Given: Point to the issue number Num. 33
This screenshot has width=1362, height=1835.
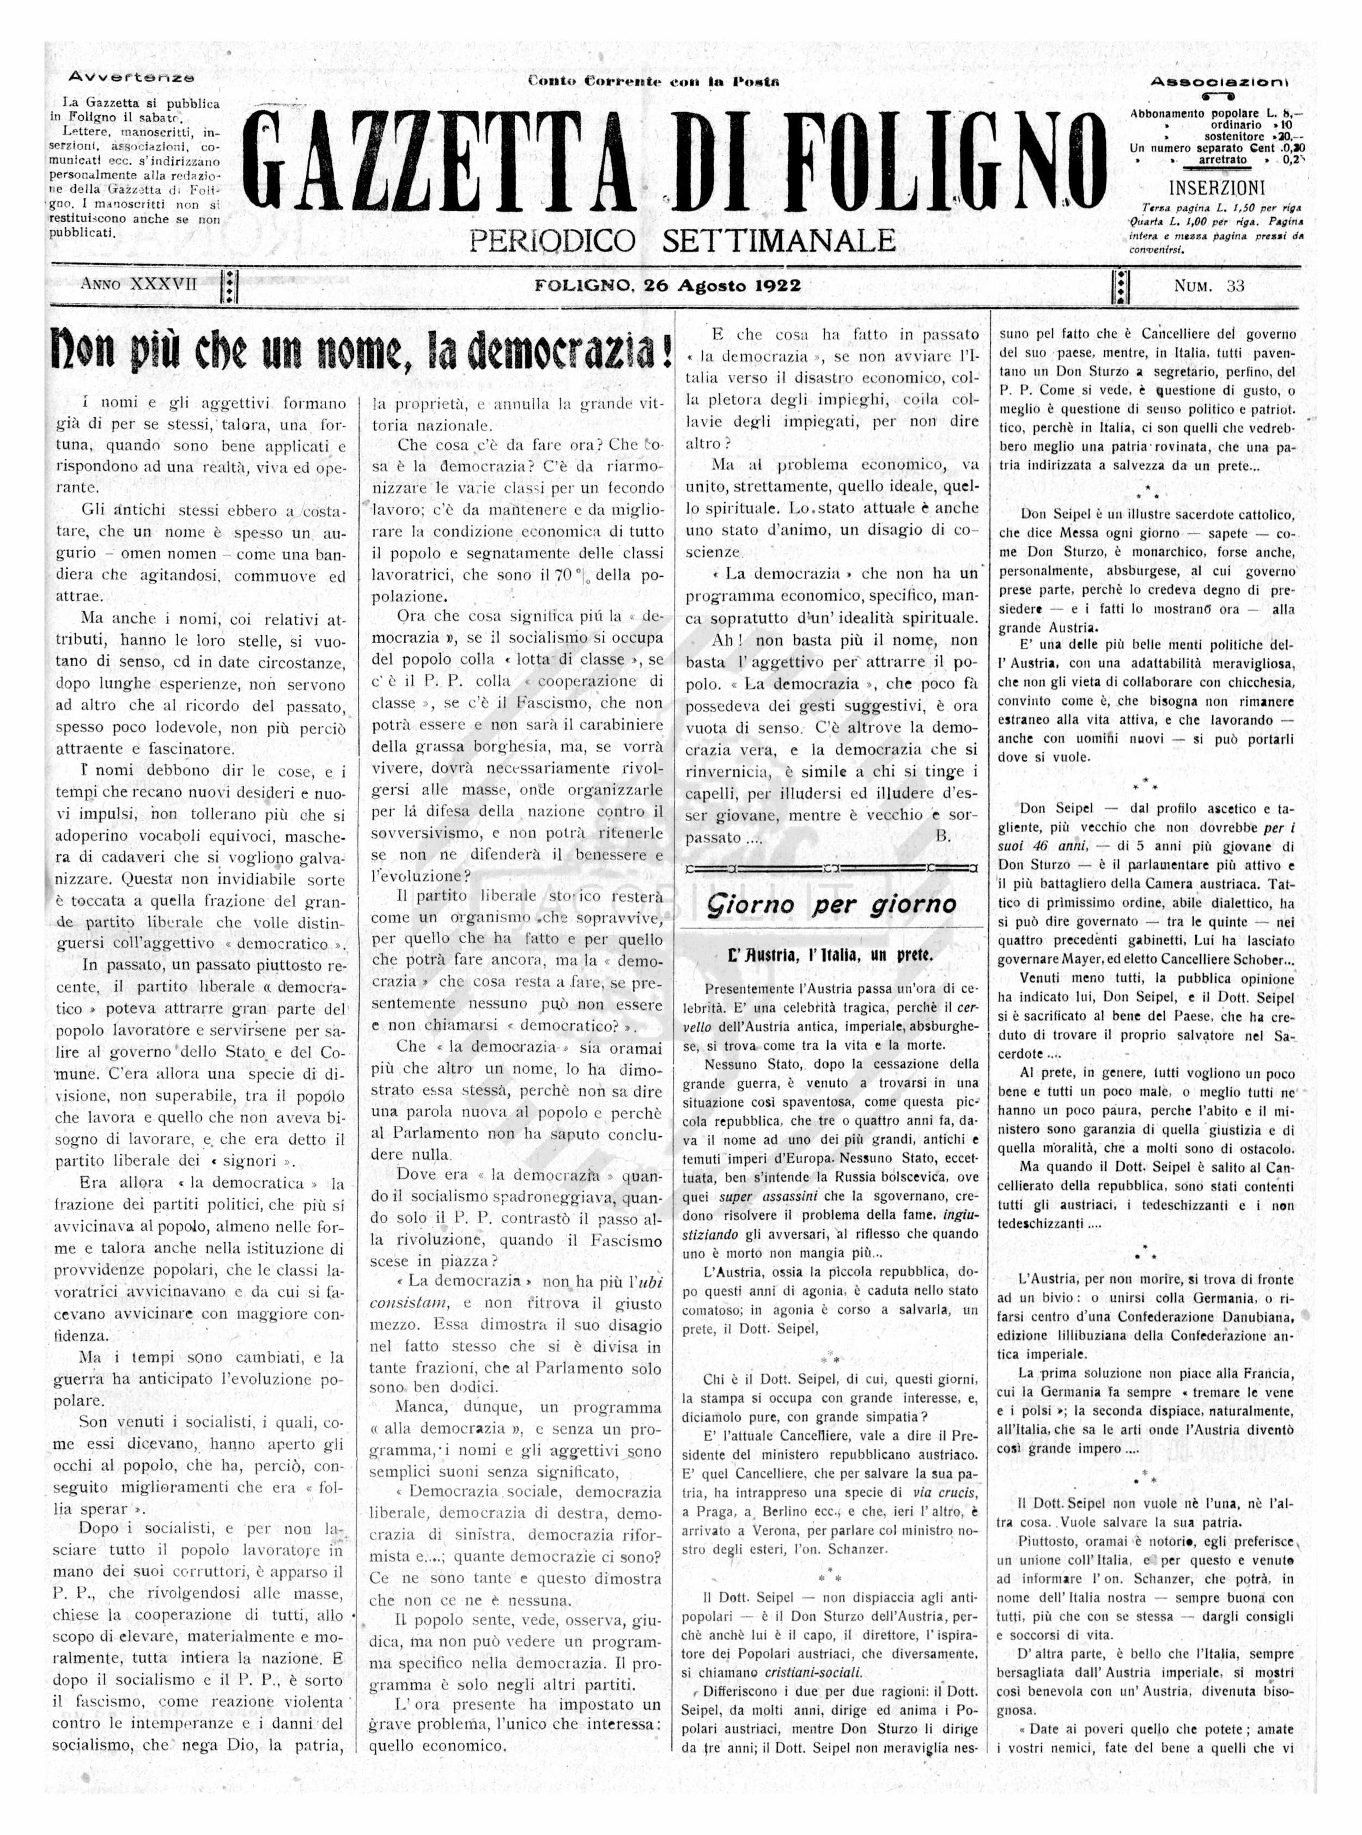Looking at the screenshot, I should (x=1209, y=286).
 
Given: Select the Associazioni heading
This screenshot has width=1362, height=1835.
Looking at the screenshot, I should (x=1219, y=82).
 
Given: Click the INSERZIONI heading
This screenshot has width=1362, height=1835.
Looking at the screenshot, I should (x=1216, y=186).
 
